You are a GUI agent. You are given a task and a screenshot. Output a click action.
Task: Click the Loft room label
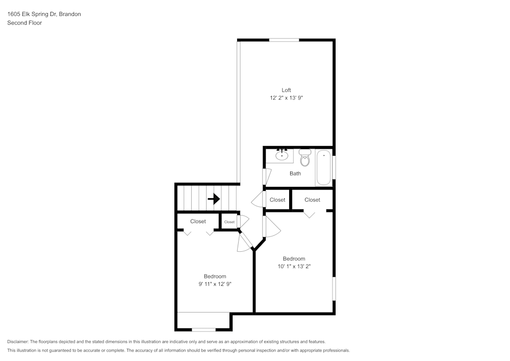coord(286,90)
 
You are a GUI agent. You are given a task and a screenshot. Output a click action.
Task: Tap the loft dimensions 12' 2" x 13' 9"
coord(286,98)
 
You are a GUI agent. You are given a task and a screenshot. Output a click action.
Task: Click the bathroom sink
coord(282,154)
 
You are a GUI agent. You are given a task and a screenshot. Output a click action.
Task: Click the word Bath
coord(295,174)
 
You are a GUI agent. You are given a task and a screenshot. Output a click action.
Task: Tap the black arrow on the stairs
coord(214,199)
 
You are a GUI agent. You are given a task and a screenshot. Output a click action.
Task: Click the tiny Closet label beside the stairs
coord(229,222)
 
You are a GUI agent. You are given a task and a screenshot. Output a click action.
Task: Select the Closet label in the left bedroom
coord(198,222)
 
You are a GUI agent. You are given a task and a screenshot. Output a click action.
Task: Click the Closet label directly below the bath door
coord(277,200)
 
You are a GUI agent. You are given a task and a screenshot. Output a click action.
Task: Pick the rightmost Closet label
coord(312,200)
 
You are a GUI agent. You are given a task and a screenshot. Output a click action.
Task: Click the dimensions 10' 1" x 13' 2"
coord(294,266)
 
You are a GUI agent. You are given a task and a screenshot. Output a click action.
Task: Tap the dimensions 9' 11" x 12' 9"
coord(215,284)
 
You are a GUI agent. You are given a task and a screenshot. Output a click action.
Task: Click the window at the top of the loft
coord(284,40)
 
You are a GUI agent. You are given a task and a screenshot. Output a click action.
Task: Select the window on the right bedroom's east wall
coord(334,288)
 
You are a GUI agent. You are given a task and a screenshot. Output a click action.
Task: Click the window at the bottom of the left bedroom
coord(203,329)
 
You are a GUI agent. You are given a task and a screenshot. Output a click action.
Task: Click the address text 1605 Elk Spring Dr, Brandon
coord(44,14)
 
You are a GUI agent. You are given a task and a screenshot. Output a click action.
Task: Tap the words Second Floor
coord(24,23)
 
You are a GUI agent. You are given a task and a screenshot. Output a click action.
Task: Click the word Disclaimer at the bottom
coord(18,342)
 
